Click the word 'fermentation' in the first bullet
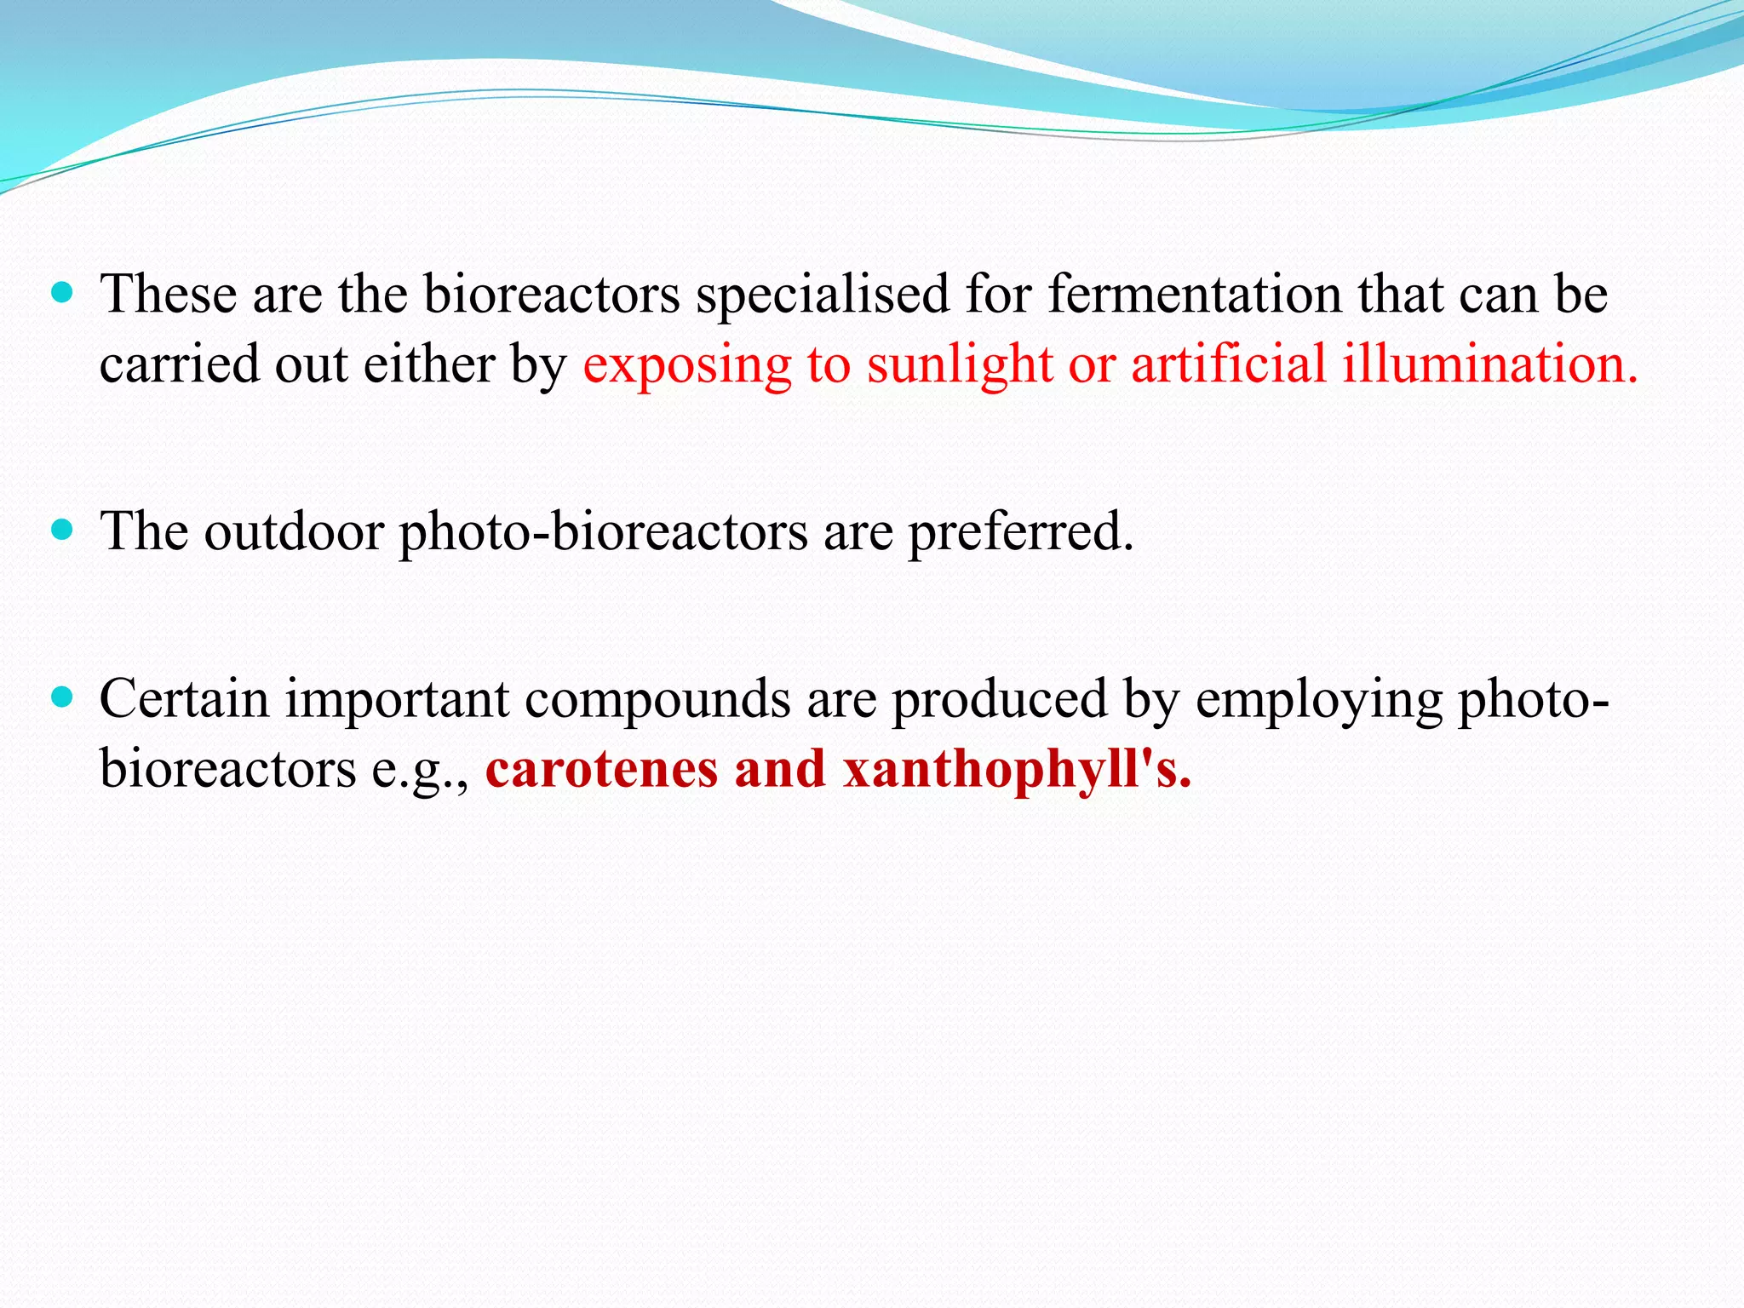1193,295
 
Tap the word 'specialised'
822,295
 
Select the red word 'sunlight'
960,364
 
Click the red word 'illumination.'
1490,364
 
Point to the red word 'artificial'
1228,364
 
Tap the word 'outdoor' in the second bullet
294,531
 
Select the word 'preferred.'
1021,533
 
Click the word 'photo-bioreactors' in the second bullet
603,533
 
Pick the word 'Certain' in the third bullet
184,699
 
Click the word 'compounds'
657,701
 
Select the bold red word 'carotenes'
602,769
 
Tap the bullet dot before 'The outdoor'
62,531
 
